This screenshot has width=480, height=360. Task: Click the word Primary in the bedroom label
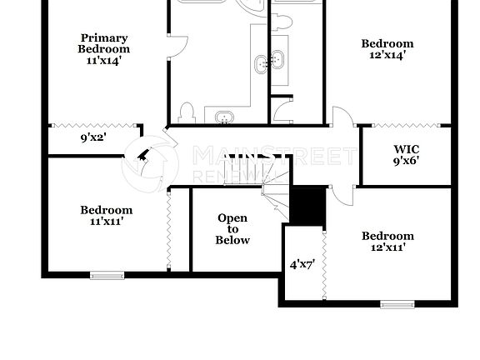pos(104,37)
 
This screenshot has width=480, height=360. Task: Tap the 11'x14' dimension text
pos(104,60)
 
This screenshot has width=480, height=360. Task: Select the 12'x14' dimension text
pos(387,55)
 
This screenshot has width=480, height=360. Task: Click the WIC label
pos(406,150)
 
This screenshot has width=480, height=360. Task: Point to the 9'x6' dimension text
pos(406,162)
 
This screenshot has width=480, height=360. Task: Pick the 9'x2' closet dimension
pos(93,138)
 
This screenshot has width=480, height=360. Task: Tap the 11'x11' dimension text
pos(107,222)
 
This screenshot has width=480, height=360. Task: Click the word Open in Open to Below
pos(232,218)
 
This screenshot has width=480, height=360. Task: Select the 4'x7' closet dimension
pos(302,265)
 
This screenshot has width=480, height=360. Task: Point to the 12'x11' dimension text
pos(387,247)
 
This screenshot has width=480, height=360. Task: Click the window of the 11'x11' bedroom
pos(107,274)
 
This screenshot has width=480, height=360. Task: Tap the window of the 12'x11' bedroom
pos(397,304)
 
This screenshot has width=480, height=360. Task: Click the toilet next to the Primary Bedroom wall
pos(187,112)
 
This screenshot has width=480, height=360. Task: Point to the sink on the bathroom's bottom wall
pos(224,117)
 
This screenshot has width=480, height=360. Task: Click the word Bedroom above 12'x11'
pos(387,236)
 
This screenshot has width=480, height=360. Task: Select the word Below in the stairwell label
pos(232,240)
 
